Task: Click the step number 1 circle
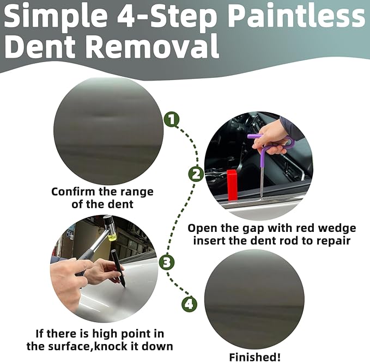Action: click(172, 120)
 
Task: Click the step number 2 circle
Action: click(196, 174)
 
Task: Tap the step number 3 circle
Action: click(167, 263)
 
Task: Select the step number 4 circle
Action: click(189, 304)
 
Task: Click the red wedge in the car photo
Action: click(233, 184)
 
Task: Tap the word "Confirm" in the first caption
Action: click(74, 192)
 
